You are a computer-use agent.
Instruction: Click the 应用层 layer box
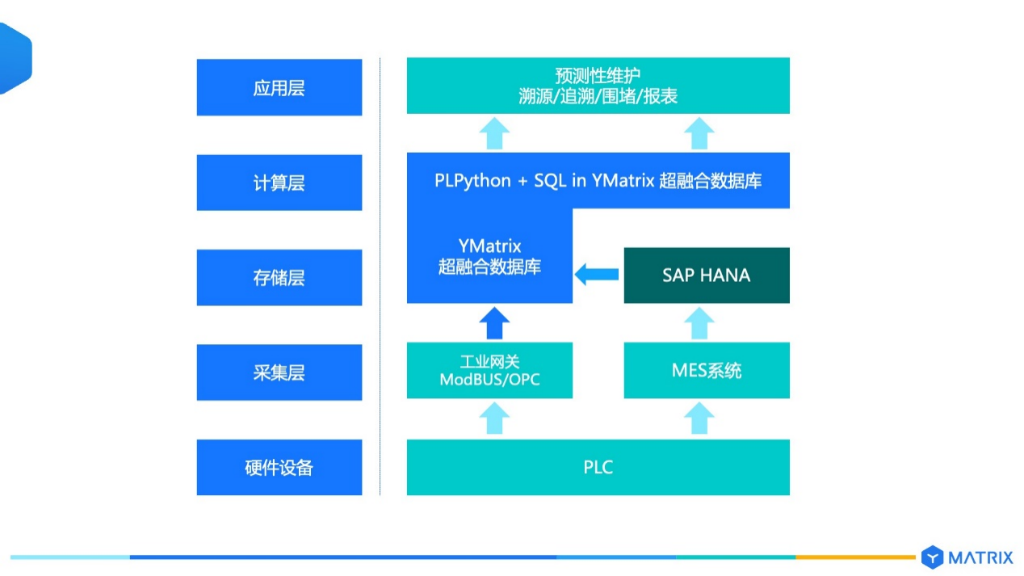coord(279,87)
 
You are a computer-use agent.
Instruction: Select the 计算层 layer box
coord(279,183)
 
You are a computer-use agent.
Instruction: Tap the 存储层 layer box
coord(279,277)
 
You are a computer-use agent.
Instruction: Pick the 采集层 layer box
coord(279,372)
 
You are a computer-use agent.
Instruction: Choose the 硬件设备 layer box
coord(279,467)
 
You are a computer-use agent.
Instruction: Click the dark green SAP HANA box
coord(707,275)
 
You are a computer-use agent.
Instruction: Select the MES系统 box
coord(707,370)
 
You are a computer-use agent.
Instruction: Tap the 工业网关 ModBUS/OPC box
coord(489,370)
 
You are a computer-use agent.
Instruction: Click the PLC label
coord(598,467)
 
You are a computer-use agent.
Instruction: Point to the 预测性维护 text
coord(598,75)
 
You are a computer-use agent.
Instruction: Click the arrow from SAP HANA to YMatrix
coord(597,275)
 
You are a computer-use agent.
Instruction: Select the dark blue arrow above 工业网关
coord(494,323)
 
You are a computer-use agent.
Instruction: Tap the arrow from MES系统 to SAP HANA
coord(699,323)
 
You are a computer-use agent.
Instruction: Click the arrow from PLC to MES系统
coord(699,418)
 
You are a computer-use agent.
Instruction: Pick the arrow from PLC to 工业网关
coord(494,418)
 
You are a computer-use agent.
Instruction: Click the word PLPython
coord(472,181)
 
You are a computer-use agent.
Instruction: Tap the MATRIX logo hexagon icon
coord(933,557)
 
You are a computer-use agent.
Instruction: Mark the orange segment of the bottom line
coord(856,557)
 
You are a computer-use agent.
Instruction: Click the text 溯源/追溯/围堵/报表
coord(598,96)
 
